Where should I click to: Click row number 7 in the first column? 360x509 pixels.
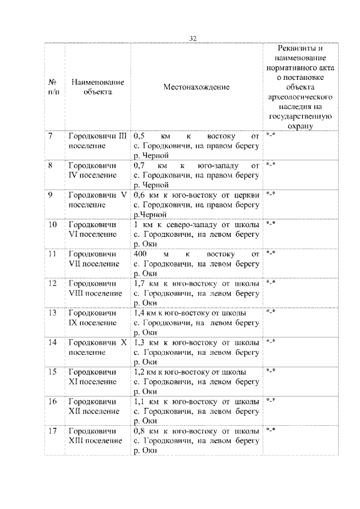click(51, 137)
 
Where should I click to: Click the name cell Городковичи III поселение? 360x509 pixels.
click(97, 141)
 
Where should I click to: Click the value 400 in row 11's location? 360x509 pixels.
click(141, 254)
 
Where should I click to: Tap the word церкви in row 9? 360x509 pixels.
click(248, 195)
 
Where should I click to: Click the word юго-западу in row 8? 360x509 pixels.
click(215, 166)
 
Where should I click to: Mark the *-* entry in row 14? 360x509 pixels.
click(271, 341)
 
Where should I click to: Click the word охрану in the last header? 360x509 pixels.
click(299, 127)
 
